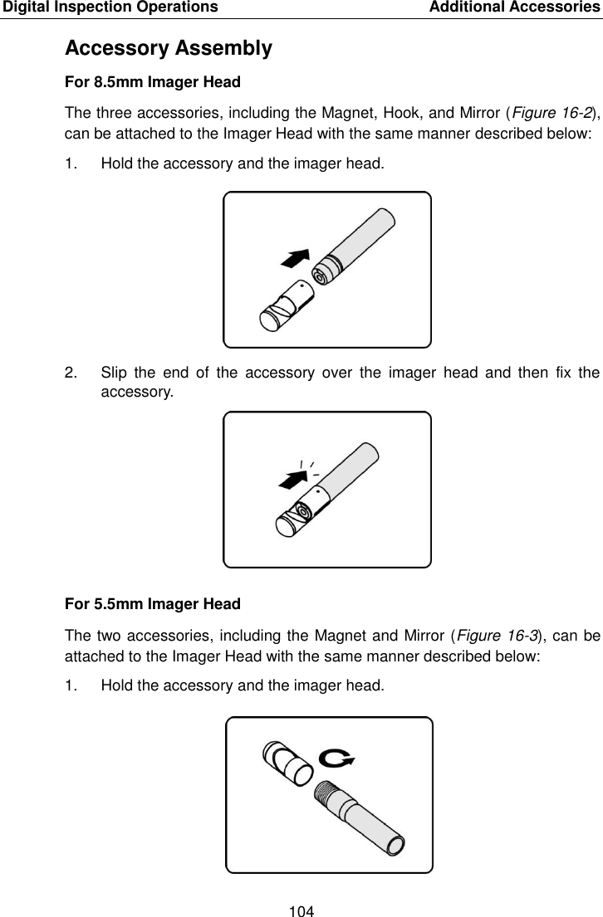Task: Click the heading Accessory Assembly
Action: (x=168, y=49)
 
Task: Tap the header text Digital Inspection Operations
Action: (x=110, y=7)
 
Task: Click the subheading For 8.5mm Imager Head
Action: (x=153, y=82)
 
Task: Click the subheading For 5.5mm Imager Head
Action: (x=153, y=603)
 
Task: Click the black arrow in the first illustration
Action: (x=295, y=259)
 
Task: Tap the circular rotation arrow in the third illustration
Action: (x=336, y=758)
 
